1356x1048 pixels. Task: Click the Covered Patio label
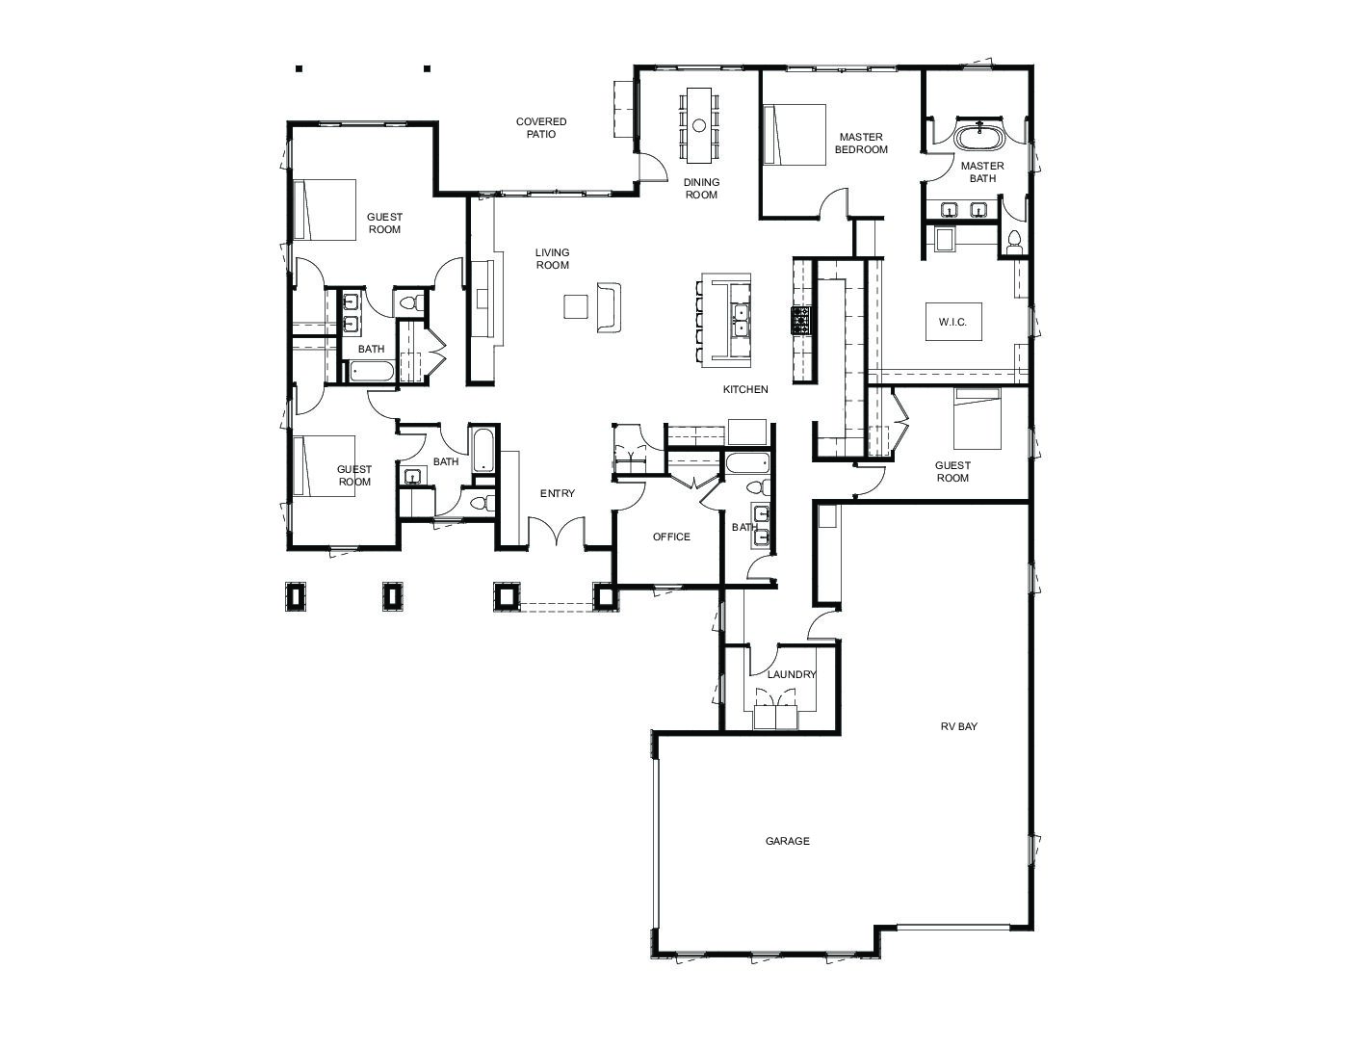coord(541,128)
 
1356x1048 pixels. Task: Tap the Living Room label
coord(552,259)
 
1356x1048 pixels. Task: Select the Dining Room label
coord(701,189)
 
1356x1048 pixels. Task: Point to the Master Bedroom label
coord(861,143)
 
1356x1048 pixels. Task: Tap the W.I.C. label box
coord(952,322)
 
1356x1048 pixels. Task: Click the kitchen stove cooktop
coord(801,320)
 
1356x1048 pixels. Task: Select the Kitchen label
coord(745,389)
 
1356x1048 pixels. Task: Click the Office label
coord(671,537)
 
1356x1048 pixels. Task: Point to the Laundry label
coord(792,674)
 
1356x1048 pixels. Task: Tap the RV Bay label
coord(959,726)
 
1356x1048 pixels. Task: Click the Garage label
coord(788,842)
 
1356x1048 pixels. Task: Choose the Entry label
coord(558,494)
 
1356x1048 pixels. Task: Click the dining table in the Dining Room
coord(699,125)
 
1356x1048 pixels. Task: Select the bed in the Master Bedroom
coord(795,135)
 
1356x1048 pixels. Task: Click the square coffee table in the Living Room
coord(575,306)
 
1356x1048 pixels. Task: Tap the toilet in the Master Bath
coord(1014,242)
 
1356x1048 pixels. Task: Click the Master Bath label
coord(982,172)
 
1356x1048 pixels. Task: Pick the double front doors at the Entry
coord(557,531)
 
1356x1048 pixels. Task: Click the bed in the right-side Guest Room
coord(978,418)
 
